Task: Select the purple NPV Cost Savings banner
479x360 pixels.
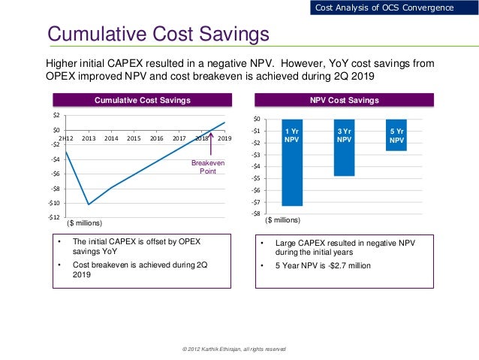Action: pyautogui.click(x=345, y=100)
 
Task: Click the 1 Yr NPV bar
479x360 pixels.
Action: pyautogui.click(x=292, y=162)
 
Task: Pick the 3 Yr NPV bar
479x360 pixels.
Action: pyautogui.click(x=344, y=147)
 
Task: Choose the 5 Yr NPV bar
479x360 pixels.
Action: pyautogui.click(x=396, y=135)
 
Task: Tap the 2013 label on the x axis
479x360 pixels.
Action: pyautogui.click(x=89, y=138)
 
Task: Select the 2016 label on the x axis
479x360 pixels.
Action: pyautogui.click(x=156, y=138)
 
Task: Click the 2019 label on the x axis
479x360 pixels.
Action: pyautogui.click(x=224, y=138)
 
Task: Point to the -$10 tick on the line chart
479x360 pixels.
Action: pyautogui.click(x=55, y=203)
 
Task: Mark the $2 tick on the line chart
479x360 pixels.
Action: pyautogui.click(x=57, y=116)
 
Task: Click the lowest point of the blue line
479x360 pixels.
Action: pyautogui.click(x=89, y=204)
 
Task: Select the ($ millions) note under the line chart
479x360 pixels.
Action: pyautogui.click(x=84, y=222)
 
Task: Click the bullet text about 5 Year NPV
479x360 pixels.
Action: pyautogui.click(x=323, y=265)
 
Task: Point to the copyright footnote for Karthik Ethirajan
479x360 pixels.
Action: pyautogui.click(x=233, y=349)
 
